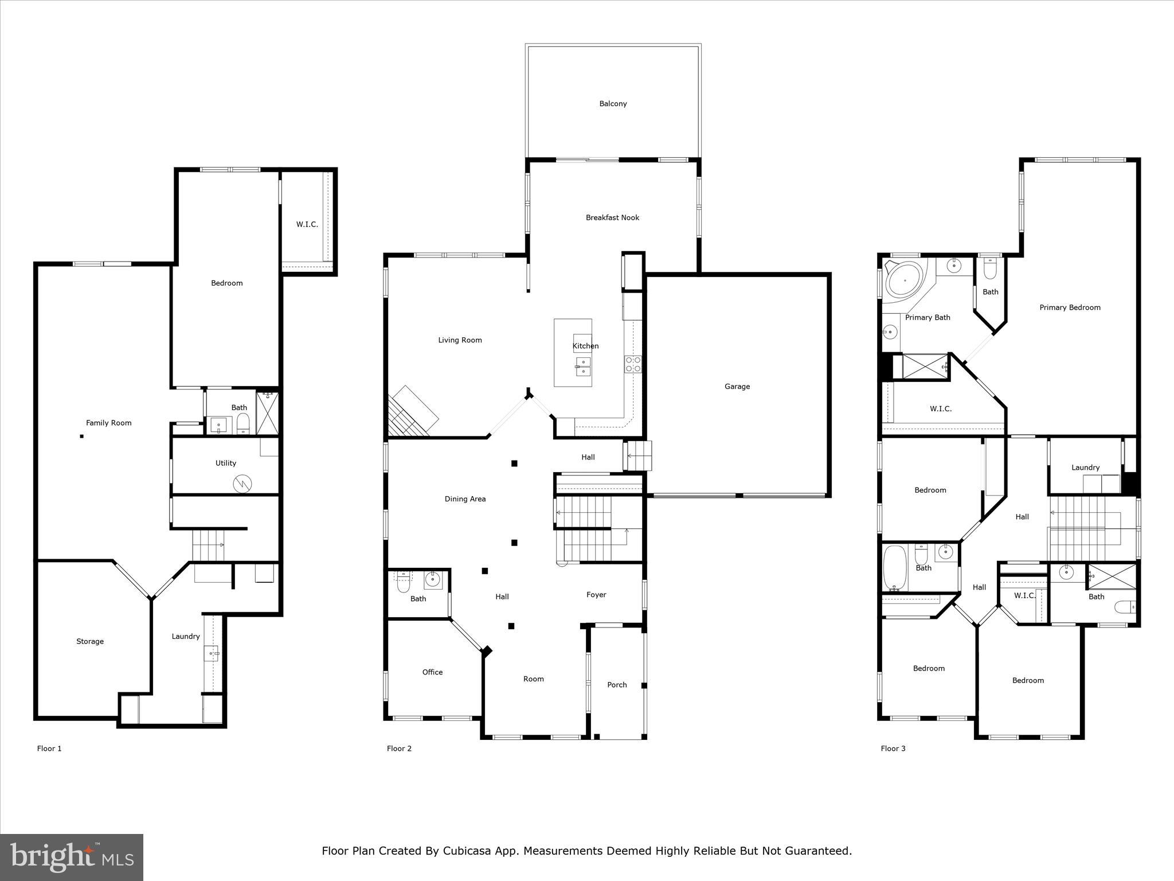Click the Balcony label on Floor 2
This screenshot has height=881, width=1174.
613,104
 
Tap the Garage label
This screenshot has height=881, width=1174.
737,387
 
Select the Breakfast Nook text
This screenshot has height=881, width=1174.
612,217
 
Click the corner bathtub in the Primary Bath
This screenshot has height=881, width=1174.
905,280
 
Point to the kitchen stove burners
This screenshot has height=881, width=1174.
633,364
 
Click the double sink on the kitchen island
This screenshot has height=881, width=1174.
583,366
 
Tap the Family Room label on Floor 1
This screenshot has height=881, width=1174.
108,423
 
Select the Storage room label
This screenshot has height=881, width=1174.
90,641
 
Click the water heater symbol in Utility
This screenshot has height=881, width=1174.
242,484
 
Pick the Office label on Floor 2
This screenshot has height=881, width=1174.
432,672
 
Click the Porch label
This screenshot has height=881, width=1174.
617,685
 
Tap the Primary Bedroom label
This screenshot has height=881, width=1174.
1070,307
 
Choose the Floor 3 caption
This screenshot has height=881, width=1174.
893,749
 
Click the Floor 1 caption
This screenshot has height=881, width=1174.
49,749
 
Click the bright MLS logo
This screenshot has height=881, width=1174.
72,857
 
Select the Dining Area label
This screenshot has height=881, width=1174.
465,499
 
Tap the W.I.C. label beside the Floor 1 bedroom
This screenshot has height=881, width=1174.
307,224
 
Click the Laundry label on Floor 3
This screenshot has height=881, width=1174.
1085,467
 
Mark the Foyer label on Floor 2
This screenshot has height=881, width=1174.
596,595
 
